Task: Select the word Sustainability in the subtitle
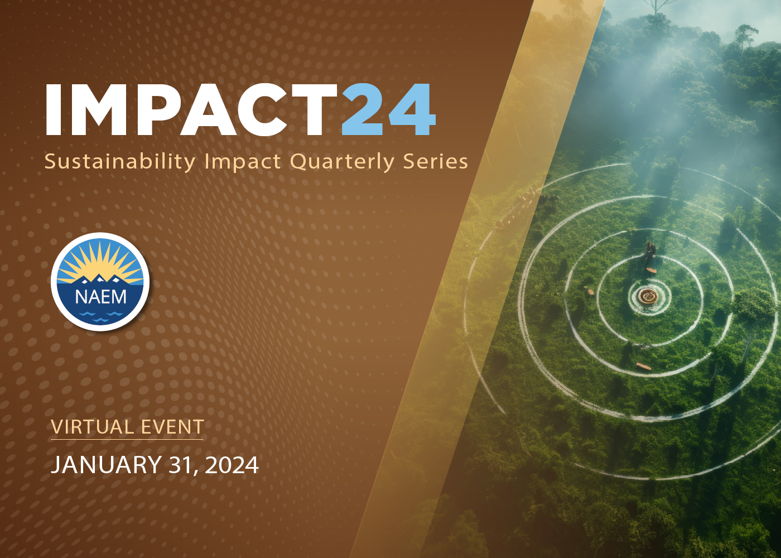[119, 162]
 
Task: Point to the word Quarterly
[342, 162]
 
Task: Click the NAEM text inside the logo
[100, 297]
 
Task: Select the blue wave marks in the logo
[100, 316]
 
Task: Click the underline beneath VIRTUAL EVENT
[127, 440]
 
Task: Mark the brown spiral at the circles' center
[648, 296]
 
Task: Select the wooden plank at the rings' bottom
[643, 367]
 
